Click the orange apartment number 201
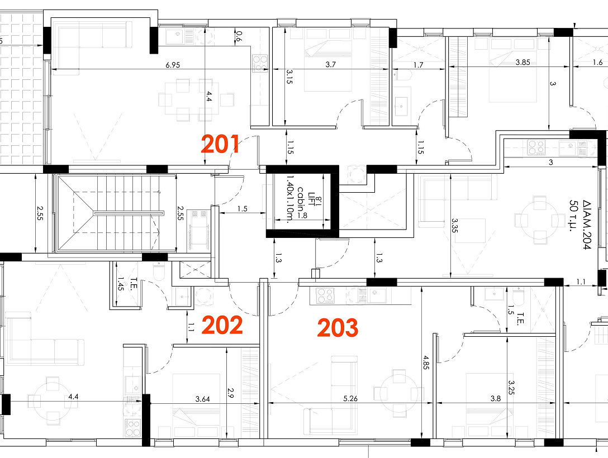pyautogui.click(x=220, y=144)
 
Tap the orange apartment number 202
pyautogui.click(x=222, y=325)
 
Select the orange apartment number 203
pyautogui.click(x=338, y=327)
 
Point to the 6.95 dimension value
pyautogui.click(x=173, y=65)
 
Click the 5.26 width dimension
pyautogui.click(x=350, y=398)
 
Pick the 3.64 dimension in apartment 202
pyautogui.click(x=203, y=399)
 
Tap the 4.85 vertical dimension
pyautogui.click(x=426, y=362)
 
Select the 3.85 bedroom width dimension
pyautogui.click(x=522, y=62)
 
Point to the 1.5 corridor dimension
pyautogui.click(x=243, y=209)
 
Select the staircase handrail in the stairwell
pyautogui.click(x=129, y=213)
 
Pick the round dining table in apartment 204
pyautogui.click(x=540, y=221)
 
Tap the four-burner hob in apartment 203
pyautogui.click(x=325, y=296)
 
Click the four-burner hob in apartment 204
pyautogui.click(x=536, y=147)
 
